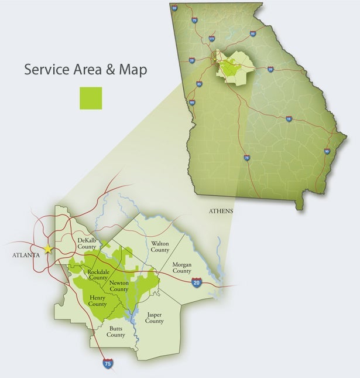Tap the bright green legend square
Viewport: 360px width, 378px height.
(91, 98)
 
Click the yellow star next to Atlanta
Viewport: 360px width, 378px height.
(48, 249)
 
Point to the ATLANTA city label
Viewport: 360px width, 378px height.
(26, 255)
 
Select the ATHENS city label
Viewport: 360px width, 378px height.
(221, 211)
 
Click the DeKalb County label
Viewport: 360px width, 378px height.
(87, 244)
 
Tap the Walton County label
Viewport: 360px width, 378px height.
(160, 246)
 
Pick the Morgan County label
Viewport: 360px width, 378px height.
(182, 268)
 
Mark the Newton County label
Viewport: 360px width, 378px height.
(119, 286)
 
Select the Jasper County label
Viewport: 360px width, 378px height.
(155, 318)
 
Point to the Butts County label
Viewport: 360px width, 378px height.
(116, 332)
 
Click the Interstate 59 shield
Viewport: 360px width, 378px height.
(174, 8)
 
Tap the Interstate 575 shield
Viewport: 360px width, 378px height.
(211, 39)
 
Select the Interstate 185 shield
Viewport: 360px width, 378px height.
(192, 103)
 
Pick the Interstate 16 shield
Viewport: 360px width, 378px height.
(289, 119)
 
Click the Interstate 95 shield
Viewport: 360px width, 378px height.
(326, 152)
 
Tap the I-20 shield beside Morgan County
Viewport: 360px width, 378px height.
(197, 282)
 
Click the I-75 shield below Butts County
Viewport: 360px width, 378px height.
(107, 364)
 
